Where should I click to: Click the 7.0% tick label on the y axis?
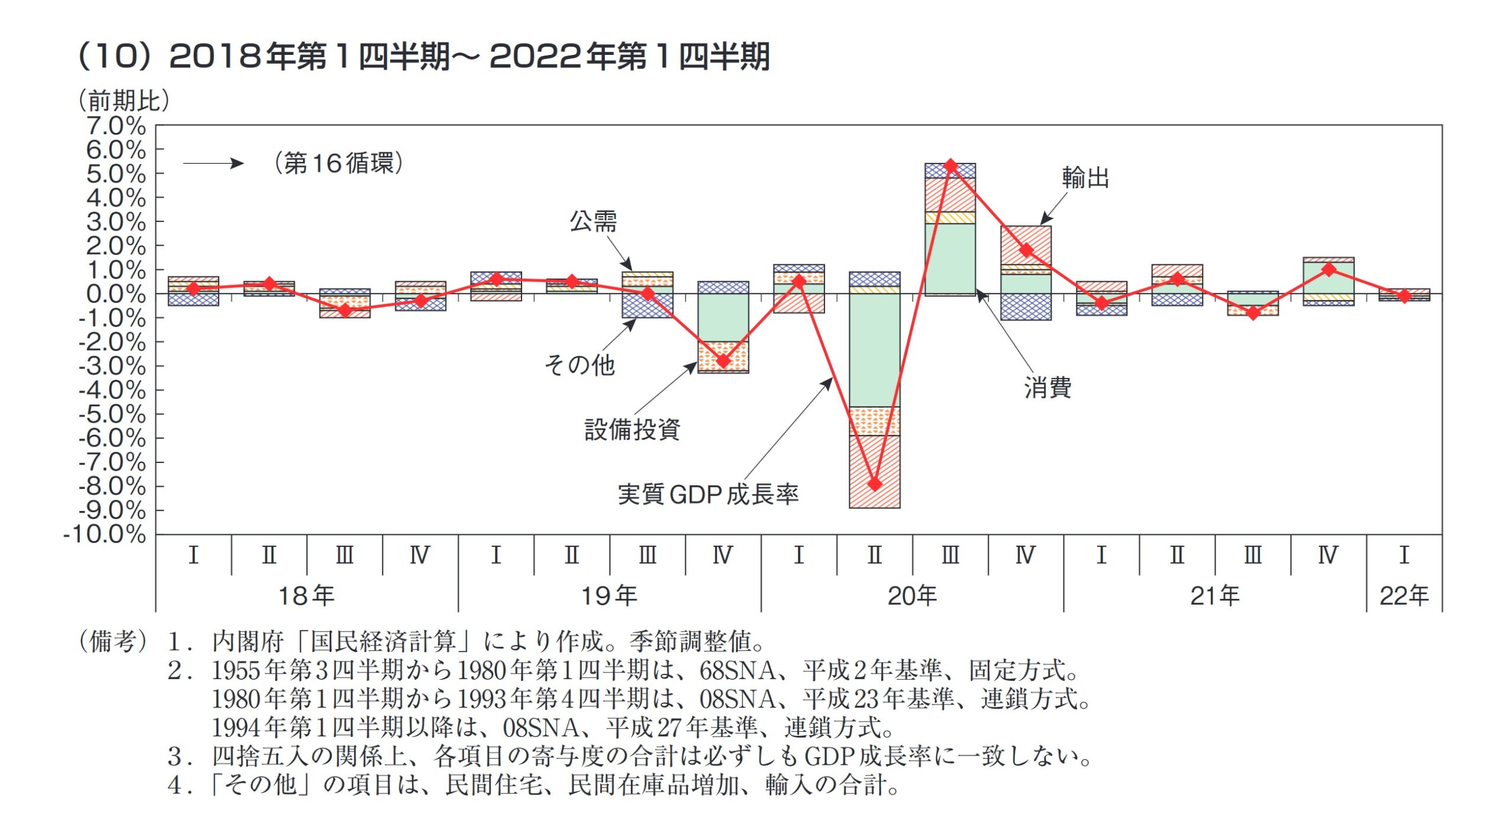pyautogui.click(x=116, y=126)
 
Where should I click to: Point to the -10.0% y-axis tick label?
pyautogui.click(x=105, y=534)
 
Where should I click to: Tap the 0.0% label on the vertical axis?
pyautogui.click(x=116, y=294)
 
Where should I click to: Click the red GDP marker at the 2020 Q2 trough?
pyautogui.click(x=874, y=484)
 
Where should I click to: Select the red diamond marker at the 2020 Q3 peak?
pyautogui.click(x=950, y=165)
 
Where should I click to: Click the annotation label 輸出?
pyautogui.click(x=1085, y=177)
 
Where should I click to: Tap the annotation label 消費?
pyautogui.click(x=1047, y=387)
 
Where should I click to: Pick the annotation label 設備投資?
pyautogui.click(x=632, y=429)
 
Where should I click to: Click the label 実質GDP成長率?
pyautogui.click(x=708, y=494)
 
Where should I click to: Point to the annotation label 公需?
pyautogui.click(x=593, y=221)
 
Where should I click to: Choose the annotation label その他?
pyautogui.click(x=579, y=364)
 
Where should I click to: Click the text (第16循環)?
pyautogui.click(x=338, y=163)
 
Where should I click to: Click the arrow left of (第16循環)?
pyautogui.click(x=213, y=164)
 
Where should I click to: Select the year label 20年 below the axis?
pyautogui.click(x=911, y=595)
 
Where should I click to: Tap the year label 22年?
pyautogui.click(x=1403, y=595)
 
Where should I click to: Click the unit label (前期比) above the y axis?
pyautogui.click(x=124, y=100)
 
